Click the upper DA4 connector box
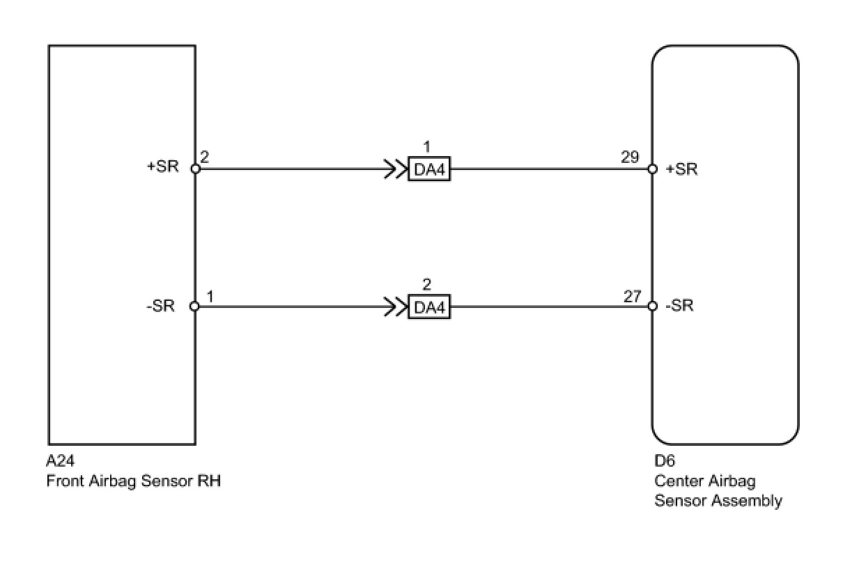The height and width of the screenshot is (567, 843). click(429, 171)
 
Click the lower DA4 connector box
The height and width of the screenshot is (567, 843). click(429, 307)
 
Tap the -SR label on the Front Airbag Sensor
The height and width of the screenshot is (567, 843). click(162, 306)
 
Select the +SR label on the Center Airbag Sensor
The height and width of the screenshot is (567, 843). click(682, 169)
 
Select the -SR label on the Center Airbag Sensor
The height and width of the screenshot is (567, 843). click(679, 306)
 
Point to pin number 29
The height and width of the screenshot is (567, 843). click(630, 157)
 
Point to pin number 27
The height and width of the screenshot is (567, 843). click(632, 296)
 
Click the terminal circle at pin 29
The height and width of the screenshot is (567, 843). click(652, 169)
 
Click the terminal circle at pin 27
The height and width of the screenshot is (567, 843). click(652, 306)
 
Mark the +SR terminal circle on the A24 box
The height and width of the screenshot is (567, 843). click(195, 169)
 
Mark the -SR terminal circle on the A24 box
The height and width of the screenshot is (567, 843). click(195, 306)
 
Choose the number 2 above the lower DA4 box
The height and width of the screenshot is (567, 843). click(427, 284)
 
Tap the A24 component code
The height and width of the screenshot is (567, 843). click(60, 461)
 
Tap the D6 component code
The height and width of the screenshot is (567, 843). click(665, 461)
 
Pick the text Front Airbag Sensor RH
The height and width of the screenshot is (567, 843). click(134, 481)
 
